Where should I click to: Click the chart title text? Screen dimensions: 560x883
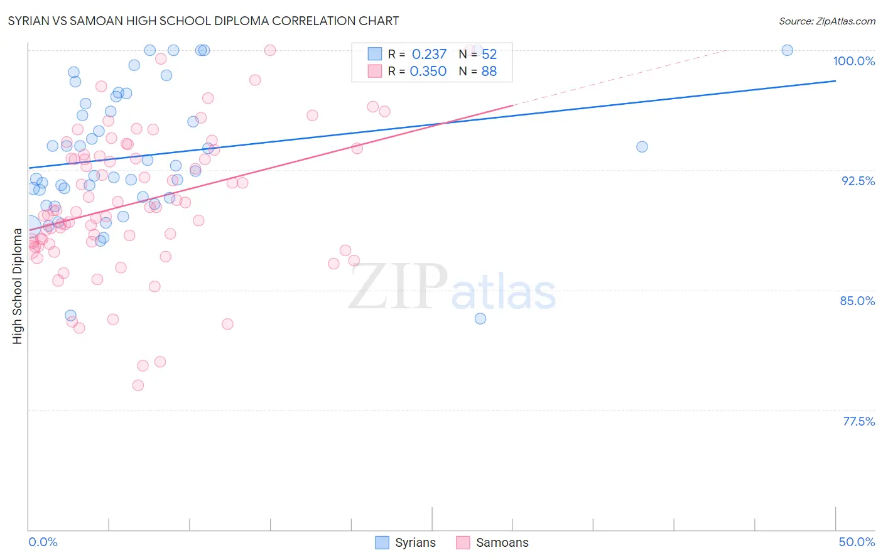tap(203, 21)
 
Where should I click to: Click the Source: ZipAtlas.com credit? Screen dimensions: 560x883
tap(826, 21)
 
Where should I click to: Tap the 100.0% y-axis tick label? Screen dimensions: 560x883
tap(853, 61)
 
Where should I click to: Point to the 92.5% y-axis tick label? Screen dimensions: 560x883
tap(858, 181)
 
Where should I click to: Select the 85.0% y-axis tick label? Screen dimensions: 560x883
tap(857, 301)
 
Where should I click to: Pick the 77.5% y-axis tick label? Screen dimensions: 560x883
tap(859, 421)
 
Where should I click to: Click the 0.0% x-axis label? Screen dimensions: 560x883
tap(43, 542)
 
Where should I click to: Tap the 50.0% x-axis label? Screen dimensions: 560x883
tap(857, 542)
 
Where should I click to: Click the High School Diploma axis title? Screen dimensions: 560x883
tap(17, 286)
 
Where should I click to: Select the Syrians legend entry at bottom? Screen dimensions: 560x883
tap(414, 542)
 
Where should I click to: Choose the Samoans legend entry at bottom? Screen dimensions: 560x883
tap(502, 542)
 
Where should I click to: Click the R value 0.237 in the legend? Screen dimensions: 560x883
tap(429, 55)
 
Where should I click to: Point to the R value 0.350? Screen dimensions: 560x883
tap(428, 72)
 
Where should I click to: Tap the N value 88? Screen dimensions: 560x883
tap(489, 72)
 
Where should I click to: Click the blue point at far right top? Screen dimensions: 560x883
tap(787, 50)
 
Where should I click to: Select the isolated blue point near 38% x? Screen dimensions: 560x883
tap(642, 147)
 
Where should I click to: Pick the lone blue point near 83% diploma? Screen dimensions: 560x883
tap(480, 318)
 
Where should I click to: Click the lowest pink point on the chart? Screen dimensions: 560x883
tap(138, 385)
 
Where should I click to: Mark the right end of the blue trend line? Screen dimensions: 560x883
tap(835, 81)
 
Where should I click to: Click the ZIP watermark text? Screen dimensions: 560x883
tap(398, 287)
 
